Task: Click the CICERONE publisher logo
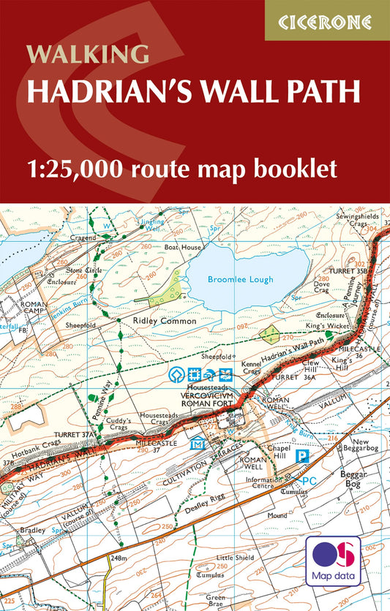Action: pos(326,20)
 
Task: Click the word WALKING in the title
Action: pos(88,53)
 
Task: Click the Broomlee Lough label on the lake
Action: pos(240,279)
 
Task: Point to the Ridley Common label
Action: pos(165,321)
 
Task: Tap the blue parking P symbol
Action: pos(300,455)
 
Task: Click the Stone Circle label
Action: pos(82,269)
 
